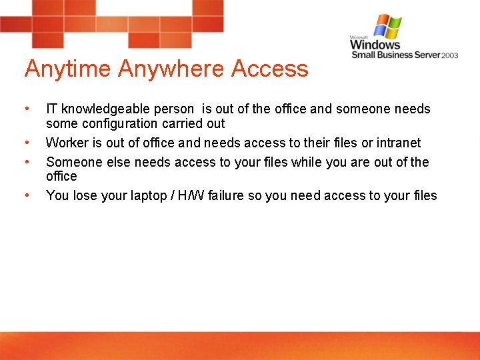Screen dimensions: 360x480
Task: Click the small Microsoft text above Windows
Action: pyautogui.click(x=360, y=38)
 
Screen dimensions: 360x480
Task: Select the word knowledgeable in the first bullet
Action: pyautogui.click(x=106, y=109)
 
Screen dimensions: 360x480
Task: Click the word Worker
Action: pyautogui.click(x=65, y=143)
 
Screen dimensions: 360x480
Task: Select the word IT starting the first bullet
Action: pyautogui.click(x=52, y=109)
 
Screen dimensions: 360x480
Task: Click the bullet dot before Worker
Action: pyautogui.click(x=26, y=143)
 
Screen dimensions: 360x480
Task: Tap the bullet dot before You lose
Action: pyautogui.click(x=26, y=195)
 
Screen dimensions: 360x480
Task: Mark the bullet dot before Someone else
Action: pyautogui.click(x=26, y=162)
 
